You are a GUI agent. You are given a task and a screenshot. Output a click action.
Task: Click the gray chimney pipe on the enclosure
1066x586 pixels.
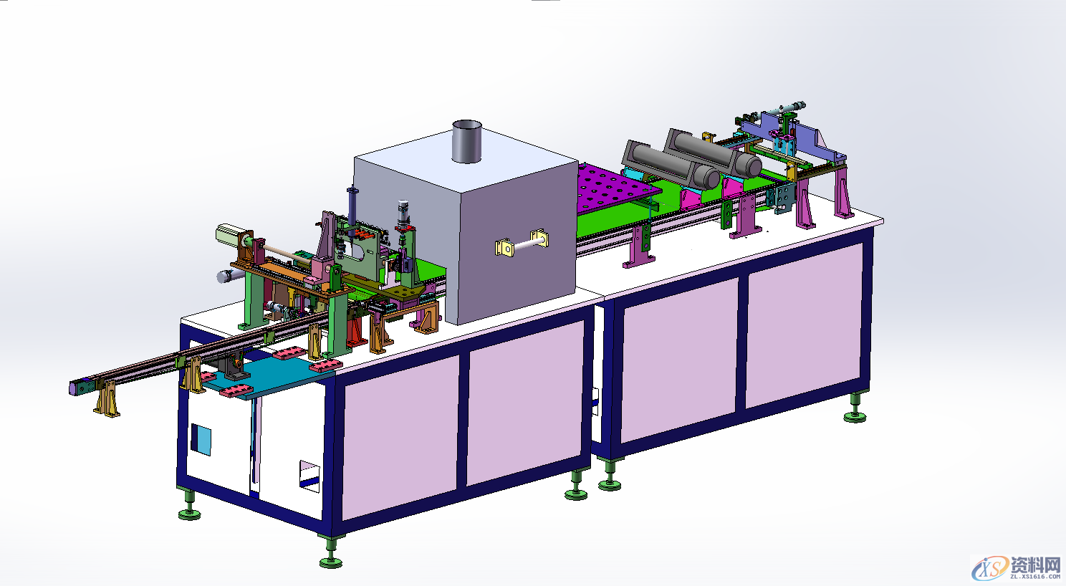click(466, 141)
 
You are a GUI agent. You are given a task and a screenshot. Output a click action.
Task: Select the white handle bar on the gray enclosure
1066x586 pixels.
click(522, 244)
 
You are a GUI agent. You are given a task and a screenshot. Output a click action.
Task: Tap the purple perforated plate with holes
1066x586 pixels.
click(617, 186)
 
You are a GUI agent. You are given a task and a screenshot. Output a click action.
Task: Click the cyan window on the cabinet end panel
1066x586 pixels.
click(201, 439)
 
